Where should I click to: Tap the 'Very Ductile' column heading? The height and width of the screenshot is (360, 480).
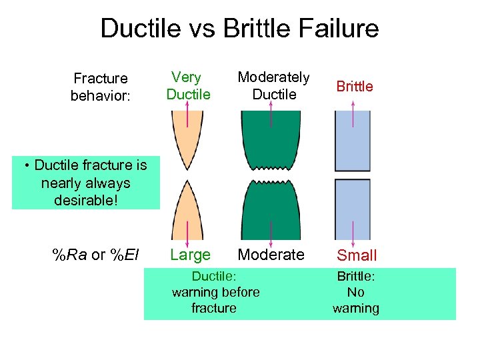pos(188,86)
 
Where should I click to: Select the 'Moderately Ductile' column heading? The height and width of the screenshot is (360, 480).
pos(274,86)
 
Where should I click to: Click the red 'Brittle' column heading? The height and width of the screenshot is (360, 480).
pos(355,86)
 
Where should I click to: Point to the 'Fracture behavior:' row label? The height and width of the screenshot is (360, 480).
pos(100,87)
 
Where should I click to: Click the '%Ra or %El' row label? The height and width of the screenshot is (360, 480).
pos(95,255)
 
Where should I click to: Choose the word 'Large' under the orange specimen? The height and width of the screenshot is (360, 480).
pos(190,255)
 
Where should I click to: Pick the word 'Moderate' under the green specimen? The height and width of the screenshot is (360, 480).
pos(271,255)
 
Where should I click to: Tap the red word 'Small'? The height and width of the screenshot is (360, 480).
pos(357,255)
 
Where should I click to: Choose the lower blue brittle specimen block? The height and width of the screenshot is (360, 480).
pos(352,209)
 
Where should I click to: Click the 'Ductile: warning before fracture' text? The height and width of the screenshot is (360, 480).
pos(215,292)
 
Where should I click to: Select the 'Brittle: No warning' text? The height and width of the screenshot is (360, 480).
pos(356,292)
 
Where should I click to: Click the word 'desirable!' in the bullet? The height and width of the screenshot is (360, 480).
pos(85,199)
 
